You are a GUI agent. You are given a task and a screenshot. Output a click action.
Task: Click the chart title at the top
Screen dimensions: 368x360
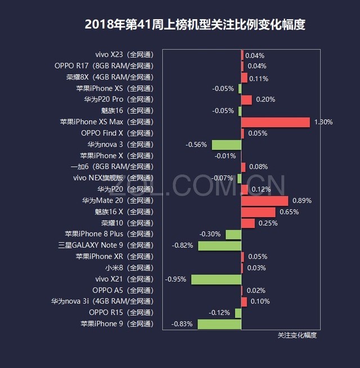click(x=195, y=25)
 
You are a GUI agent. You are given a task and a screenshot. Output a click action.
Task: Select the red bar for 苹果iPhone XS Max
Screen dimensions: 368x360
click(x=276, y=122)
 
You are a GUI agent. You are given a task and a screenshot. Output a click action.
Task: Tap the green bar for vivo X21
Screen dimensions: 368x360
click(x=216, y=279)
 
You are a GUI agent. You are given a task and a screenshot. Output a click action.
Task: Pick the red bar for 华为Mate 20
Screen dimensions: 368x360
click(x=264, y=201)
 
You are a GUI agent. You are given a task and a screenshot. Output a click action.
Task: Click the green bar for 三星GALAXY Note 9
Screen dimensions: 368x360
click(x=219, y=246)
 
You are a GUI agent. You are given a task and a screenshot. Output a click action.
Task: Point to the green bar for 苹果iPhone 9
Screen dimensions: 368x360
click(x=219, y=324)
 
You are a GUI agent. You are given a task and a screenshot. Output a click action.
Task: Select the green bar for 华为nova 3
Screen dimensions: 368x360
click(x=226, y=144)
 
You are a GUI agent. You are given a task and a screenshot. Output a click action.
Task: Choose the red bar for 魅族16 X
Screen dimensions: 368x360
click(x=258, y=212)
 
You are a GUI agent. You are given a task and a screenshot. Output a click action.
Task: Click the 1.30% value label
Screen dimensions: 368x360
click(x=323, y=122)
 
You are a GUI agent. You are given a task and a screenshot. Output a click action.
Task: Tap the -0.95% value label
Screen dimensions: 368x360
click(x=175, y=279)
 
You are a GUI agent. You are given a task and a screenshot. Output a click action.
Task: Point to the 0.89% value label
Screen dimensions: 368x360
click(x=302, y=201)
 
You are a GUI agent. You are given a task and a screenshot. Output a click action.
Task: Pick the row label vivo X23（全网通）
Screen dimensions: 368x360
click(x=124, y=54)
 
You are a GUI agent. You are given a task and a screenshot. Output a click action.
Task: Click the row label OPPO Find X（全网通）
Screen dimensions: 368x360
click(x=117, y=133)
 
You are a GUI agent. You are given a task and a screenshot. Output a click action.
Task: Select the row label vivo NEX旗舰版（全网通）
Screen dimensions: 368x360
click(x=113, y=178)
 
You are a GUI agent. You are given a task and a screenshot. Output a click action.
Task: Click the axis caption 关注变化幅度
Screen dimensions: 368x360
click(x=297, y=335)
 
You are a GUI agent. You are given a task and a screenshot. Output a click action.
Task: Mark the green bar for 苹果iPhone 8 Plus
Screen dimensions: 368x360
click(x=233, y=234)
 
